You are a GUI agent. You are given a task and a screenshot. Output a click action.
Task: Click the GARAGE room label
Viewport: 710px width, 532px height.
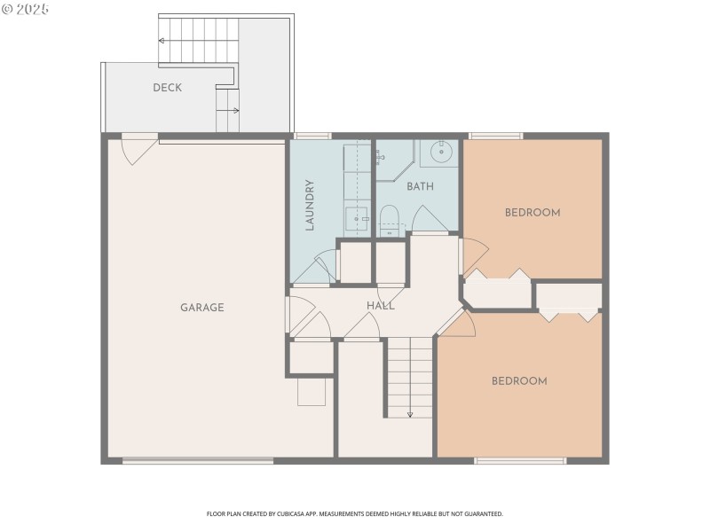point(201,308)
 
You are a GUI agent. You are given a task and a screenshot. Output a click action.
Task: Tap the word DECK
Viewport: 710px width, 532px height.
point(167,87)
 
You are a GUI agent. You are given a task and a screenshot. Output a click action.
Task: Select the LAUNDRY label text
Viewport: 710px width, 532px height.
point(310,206)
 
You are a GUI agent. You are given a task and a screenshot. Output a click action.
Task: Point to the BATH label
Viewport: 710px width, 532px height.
point(420,187)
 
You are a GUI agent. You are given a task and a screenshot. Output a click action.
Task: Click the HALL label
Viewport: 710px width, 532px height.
point(381,306)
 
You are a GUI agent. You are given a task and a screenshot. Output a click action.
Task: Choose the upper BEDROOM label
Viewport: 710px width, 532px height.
point(532,213)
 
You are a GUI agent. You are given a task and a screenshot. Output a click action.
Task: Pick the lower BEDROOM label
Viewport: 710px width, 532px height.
point(519,381)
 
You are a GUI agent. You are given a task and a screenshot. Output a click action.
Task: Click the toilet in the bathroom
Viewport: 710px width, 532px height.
point(390,218)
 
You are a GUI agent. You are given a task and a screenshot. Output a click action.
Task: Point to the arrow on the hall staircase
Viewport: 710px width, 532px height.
point(410,412)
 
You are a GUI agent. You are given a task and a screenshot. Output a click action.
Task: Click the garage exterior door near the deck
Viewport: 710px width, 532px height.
point(138,148)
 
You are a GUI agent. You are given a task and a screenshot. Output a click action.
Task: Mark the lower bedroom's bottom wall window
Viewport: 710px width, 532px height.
point(520,460)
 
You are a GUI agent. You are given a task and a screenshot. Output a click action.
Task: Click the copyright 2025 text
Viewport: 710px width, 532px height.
point(26,9)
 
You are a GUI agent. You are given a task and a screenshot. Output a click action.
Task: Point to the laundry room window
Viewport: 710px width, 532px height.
point(312,136)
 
